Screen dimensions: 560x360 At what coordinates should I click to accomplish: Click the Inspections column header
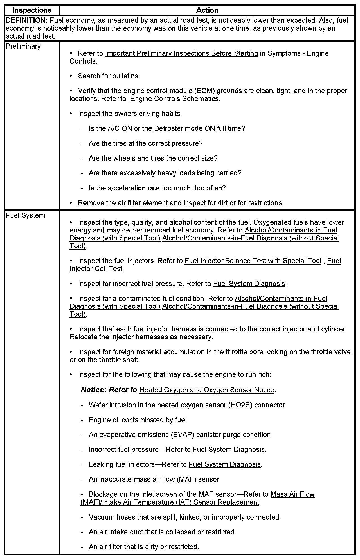(32, 10)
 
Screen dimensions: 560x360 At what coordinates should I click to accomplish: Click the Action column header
(207, 10)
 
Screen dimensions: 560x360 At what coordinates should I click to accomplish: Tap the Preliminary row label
(23, 46)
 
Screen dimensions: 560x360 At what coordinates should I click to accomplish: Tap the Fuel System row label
(25, 216)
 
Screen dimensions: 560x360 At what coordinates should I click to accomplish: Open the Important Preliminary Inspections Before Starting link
(181, 53)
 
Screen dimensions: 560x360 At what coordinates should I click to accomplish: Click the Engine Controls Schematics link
(174, 99)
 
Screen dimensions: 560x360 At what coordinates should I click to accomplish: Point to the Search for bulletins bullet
(109, 76)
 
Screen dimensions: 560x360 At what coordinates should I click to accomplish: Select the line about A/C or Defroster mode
(167, 129)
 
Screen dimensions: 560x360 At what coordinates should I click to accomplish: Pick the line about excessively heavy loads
(165, 173)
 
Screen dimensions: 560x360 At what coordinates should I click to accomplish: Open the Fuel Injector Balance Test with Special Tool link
(253, 261)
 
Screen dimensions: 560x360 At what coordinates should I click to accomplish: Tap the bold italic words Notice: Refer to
(109, 390)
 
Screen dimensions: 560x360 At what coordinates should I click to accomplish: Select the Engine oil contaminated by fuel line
(138, 420)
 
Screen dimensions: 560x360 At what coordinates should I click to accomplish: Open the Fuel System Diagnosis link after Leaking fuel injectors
(225, 465)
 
